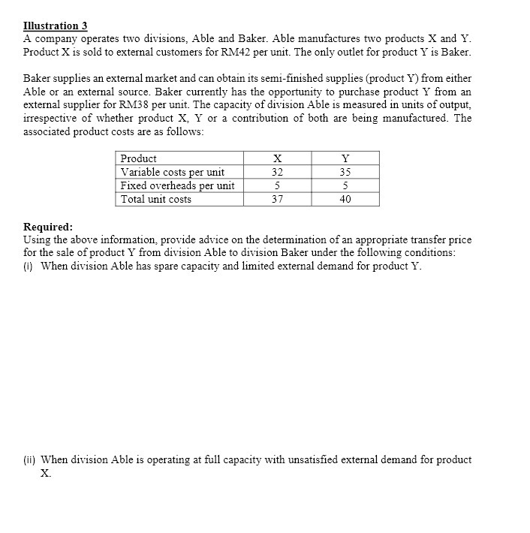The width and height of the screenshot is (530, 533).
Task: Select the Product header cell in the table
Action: pos(139,158)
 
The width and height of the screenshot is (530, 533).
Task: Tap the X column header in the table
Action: pos(277,158)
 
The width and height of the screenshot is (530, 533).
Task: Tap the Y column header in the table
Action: pos(345,158)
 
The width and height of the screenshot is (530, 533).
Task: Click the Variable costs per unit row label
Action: pos(172,172)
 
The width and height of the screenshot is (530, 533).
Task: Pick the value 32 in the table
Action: pos(277,172)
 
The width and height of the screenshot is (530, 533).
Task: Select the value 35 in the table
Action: pos(345,172)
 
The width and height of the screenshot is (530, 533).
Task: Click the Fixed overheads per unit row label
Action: pos(177,185)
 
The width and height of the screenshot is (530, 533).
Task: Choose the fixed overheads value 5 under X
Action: pos(277,185)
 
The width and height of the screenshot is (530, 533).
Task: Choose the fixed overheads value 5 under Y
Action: pos(345,185)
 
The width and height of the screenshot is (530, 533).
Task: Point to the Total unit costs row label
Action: pos(156,199)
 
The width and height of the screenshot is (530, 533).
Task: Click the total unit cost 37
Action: pos(277,199)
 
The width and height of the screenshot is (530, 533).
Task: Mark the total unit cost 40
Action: pos(345,199)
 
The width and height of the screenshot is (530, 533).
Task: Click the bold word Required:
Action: pos(48,227)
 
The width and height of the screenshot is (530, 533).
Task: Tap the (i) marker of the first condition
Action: pos(29,266)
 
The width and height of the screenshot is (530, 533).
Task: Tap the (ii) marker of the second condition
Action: pos(31,459)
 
